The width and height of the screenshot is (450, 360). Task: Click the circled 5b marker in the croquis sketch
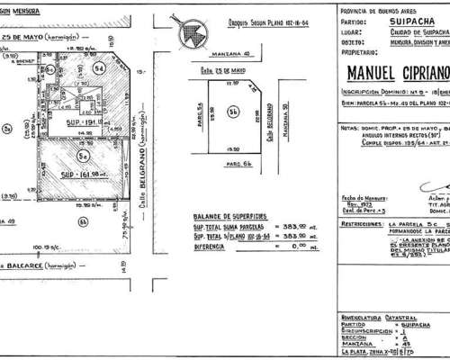tap(232, 136)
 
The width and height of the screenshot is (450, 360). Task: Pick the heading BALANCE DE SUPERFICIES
tap(227, 242)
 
